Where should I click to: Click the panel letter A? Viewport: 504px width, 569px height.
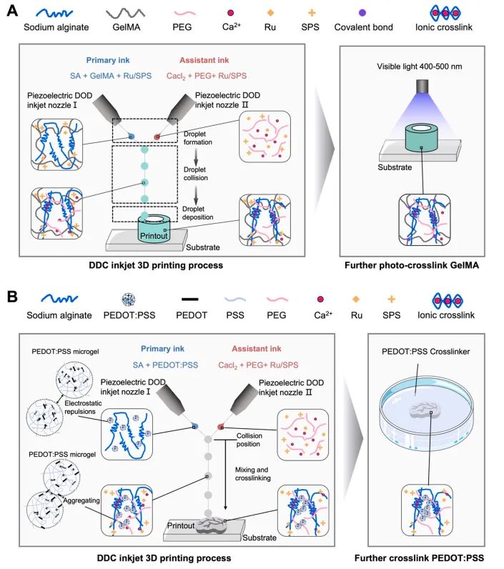click(12, 11)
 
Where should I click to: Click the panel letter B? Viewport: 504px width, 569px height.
click(12, 297)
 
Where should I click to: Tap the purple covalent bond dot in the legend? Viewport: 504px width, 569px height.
click(362, 13)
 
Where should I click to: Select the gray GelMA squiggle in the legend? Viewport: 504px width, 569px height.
click(126, 14)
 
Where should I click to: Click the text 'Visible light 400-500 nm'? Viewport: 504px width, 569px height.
click(420, 66)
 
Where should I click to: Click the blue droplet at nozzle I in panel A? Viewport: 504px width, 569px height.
click(132, 137)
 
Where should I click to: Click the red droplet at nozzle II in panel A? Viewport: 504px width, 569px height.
click(157, 137)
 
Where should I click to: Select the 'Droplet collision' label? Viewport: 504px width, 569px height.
click(196, 174)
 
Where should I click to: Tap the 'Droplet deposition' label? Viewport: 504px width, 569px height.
click(197, 213)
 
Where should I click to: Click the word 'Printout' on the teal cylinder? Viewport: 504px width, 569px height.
click(154, 236)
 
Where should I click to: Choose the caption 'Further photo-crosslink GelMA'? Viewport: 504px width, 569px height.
click(412, 265)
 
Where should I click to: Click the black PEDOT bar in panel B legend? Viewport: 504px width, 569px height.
click(189, 299)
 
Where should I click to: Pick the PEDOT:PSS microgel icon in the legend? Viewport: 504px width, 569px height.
click(129, 300)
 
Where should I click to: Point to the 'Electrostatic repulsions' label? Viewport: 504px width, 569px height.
click(83, 407)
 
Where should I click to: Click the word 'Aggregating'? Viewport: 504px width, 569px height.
click(81, 500)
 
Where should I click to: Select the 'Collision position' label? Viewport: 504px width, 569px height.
click(249, 440)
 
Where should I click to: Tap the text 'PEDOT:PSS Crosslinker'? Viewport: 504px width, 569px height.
click(425, 352)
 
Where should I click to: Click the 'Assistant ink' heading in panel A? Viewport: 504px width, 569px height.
click(204, 60)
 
